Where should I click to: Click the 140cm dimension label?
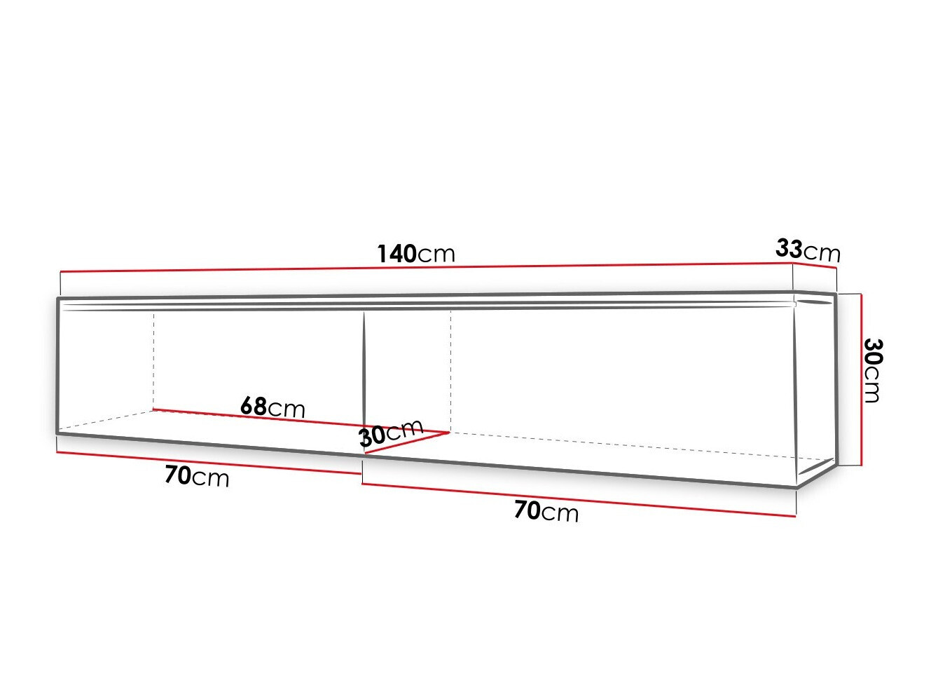point(416,253)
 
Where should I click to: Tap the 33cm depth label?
point(808,250)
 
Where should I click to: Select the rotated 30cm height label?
point(872,370)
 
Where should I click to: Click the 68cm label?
point(273,407)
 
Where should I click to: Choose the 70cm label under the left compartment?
point(197,476)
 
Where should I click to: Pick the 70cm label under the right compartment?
point(546,511)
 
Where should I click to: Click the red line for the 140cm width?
point(420,267)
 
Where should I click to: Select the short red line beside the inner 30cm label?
point(406,443)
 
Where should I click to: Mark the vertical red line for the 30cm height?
point(861,379)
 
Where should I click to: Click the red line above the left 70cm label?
point(210,462)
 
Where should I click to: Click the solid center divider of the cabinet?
point(364,372)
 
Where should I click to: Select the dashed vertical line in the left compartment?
point(153,361)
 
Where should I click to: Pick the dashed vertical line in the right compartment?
point(450,372)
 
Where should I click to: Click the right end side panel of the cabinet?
point(817,386)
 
